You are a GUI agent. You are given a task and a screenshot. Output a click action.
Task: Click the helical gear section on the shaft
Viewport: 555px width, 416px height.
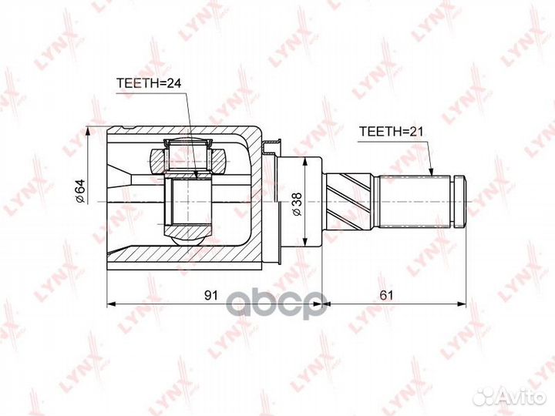click(351, 202)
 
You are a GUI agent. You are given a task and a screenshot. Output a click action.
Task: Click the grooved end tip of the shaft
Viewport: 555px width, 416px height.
click(459, 201)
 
